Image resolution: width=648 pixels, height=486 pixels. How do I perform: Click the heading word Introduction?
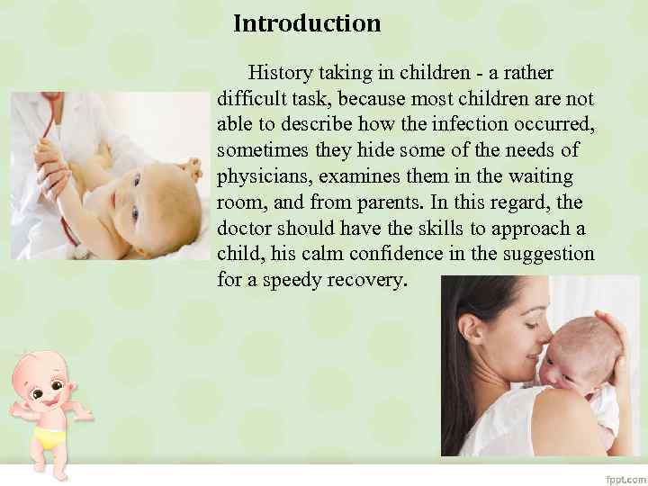pyautogui.click(x=307, y=23)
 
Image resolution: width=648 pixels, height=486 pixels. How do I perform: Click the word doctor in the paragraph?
pyautogui.click(x=244, y=229)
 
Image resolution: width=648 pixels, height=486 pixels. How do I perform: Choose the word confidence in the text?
pyautogui.click(x=398, y=255)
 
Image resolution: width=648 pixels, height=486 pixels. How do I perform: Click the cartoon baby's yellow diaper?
pyautogui.click(x=51, y=438)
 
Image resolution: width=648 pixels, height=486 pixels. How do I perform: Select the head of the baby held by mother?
pyautogui.click(x=576, y=351)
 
